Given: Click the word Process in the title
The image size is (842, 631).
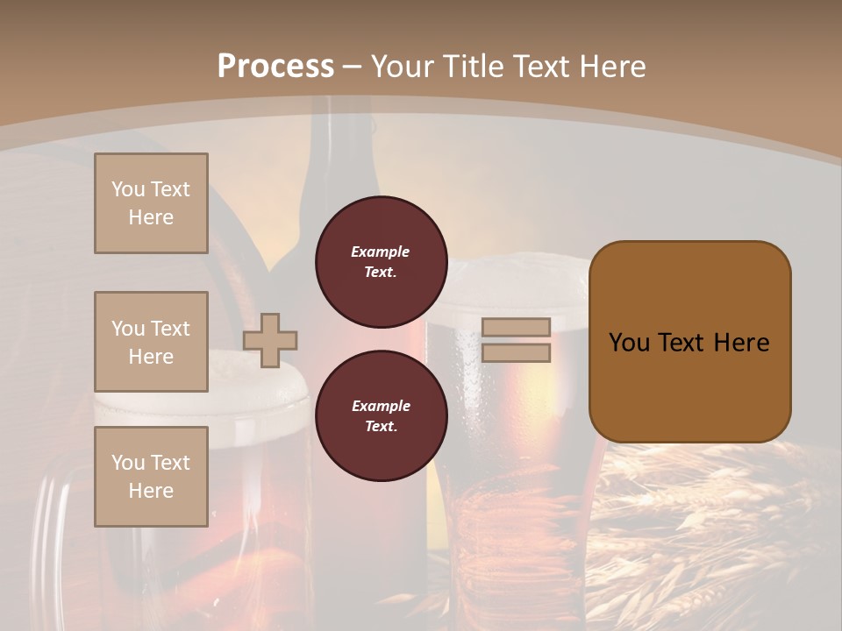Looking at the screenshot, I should click(275, 67).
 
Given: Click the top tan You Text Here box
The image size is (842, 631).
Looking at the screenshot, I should click(151, 203).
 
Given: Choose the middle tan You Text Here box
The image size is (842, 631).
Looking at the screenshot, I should click(151, 342).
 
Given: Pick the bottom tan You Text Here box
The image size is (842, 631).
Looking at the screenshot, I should click(151, 477).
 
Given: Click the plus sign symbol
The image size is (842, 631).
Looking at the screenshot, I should click(270, 340).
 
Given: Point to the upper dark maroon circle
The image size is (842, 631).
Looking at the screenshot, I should click(381, 262).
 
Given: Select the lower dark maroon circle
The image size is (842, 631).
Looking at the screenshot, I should click(381, 416).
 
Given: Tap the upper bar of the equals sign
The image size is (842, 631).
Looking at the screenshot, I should click(516, 327).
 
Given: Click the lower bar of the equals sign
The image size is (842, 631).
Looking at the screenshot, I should click(516, 353).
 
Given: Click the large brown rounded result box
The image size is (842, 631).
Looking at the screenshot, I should click(689, 342).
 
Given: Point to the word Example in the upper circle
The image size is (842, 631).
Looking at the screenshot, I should click(380, 252).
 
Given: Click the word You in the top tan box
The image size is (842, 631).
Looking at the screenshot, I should click(127, 189).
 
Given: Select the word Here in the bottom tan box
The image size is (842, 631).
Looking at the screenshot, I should click(151, 491).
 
